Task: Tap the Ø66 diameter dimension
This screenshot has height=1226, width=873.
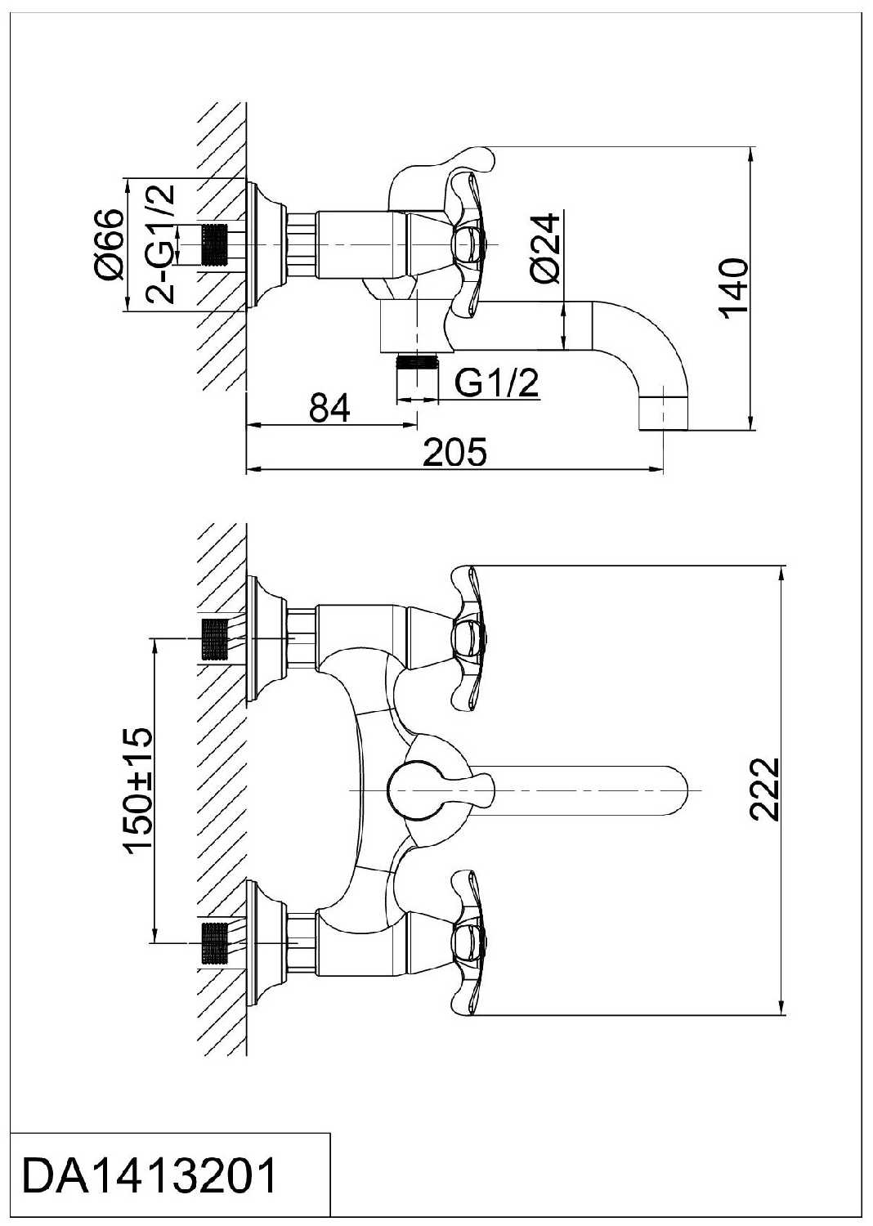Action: pos(109,244)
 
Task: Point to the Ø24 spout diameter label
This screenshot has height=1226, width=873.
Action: pos(545,248)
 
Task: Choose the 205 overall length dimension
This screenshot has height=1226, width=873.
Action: pos(454,452)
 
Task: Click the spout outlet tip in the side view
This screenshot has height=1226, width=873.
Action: pos(663,413)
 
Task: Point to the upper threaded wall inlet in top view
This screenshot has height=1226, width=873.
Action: pos(214,638)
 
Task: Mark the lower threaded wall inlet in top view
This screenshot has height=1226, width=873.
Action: pos(214,944)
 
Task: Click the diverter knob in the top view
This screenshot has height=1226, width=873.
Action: pos(417,790)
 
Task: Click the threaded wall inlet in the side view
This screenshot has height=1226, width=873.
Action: pos(214,244)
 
